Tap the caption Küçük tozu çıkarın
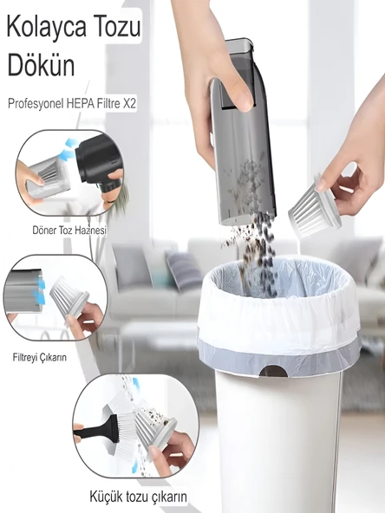pyautogui.click(x=139, y=497)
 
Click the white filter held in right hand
pyautogui.click(x=314, y=208)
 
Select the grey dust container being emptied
pyautogui.click(x=245, y=130)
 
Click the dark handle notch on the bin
pyautogui.click(x=273, y=371)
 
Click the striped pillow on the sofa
pyautogui.click(x=184, y=269)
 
